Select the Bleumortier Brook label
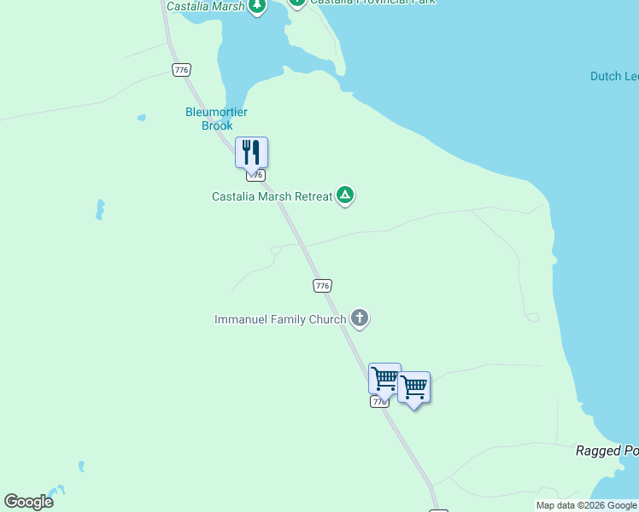209,119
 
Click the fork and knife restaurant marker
251,153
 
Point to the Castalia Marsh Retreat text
272,196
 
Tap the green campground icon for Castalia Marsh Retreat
345,196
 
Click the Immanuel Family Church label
280,320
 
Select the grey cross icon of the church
360,320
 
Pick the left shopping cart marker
384,378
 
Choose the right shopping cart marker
414,387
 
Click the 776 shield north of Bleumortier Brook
181,70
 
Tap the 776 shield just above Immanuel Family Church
322,286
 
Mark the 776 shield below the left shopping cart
380,401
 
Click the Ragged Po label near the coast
607,451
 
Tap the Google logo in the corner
29,502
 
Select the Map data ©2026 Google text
586,506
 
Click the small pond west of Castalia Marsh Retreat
100,208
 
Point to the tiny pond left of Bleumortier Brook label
141,118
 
